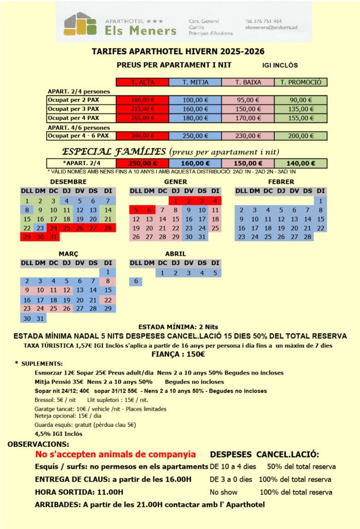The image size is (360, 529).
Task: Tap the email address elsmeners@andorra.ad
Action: [272, 27]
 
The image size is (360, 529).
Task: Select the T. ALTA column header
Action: [143, 82]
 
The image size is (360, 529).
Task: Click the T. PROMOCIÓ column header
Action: [301, 82]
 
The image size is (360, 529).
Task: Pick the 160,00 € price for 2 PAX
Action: [143, 100]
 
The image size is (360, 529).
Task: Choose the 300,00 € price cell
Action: [143, 136]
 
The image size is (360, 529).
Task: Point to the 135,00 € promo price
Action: [301, 109]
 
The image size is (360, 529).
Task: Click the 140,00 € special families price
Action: [301, 163]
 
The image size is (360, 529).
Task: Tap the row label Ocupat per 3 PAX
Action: [74, 109]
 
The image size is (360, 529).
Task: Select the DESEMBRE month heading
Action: [69, 182]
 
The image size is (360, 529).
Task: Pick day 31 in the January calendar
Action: [202, 237]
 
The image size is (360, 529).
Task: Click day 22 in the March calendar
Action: [107, 300]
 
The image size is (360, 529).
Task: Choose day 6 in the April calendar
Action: [136, 282]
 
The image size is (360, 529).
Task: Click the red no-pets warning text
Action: [115, 455]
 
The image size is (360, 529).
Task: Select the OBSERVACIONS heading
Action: [38, 444]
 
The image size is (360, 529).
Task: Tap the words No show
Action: [223, 491]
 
